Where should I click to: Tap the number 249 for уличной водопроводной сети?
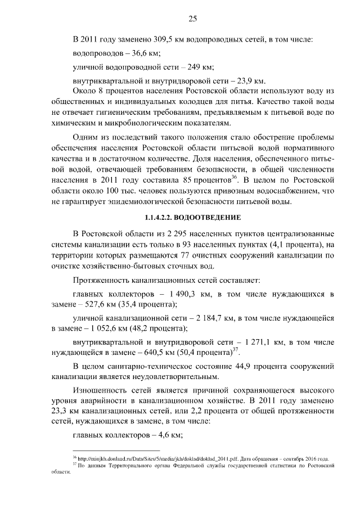click(184, 67)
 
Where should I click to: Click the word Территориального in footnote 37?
click(130, 466)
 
